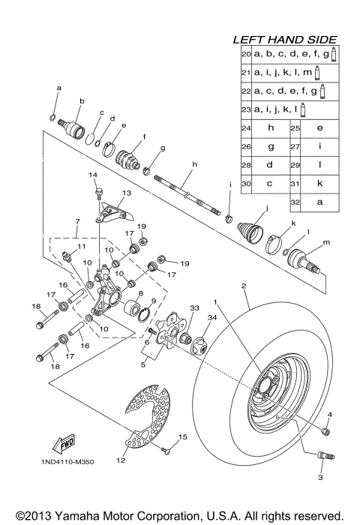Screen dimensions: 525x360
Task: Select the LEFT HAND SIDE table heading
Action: (x=284, y=40)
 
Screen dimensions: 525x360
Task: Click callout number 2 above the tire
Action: (x=243, y=286)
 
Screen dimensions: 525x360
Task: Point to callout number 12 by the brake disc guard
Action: (x=120, y=461)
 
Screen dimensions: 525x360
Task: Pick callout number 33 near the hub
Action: (x=173, y=307)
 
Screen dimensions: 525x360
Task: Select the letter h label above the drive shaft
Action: (x=193, y=164)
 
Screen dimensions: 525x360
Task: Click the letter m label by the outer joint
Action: (x=325, y=242)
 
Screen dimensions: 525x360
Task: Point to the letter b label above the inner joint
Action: (x=81, y=100)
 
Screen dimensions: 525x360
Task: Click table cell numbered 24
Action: (x=245, y=128)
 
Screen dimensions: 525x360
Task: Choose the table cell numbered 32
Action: (x=296, y=202)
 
